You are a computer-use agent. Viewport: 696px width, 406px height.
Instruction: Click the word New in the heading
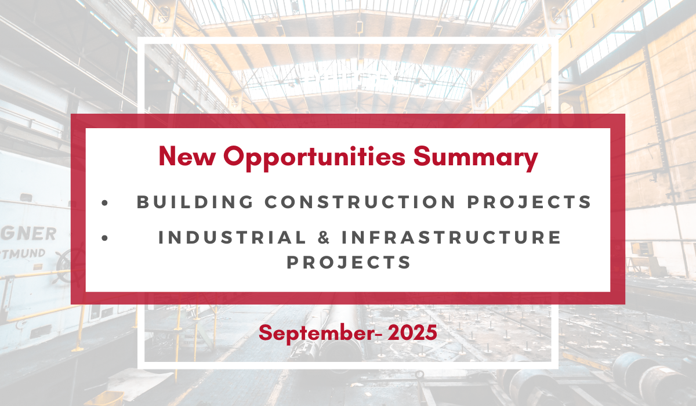pyautogui.click(x=186, y=157)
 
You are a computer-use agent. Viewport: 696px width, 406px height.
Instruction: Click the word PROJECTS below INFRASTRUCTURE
pyautogui.click(x=349, y=262)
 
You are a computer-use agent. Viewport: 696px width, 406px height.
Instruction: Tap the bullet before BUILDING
pyautogui.click(x=104, y=202)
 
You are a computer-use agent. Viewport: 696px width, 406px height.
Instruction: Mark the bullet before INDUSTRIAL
pyautogui.click(x=104, y=238)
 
